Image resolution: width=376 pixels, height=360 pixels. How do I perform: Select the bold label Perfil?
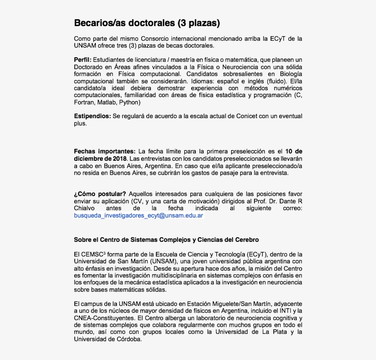tap(83, 60)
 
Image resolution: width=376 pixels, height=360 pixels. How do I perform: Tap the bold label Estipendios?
tap(92, 116)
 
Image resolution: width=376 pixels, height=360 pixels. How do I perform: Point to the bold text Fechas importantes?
tap(105, 151)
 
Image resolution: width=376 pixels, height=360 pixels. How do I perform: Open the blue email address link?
tap(138, 215)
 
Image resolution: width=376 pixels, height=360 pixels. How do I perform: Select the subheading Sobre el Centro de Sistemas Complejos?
tap(166, 240)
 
